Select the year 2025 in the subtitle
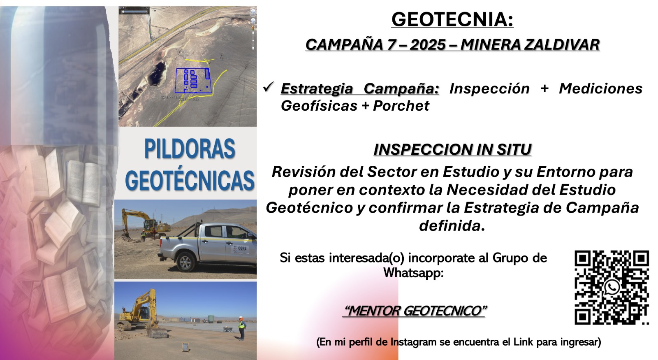coord(428,45)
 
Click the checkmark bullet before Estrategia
coord(269,87)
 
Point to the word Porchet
coord(401,106)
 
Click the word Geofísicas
coord(319,106)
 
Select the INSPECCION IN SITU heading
coord(452,149)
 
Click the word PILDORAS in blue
coord(190,149)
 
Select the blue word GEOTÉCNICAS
coord(190,179)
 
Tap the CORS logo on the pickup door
coord(240,249)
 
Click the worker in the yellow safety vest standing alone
coord(241,328)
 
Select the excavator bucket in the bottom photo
coord(157,332)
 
